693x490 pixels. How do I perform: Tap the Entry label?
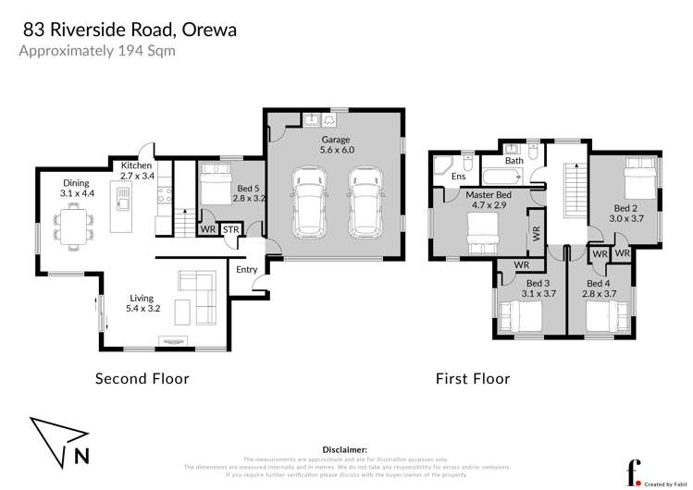(246, 270)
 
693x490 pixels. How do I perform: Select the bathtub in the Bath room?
(500, 177)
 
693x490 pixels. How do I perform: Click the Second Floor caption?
(142, 378)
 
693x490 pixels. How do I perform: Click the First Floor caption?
(473, 378)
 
